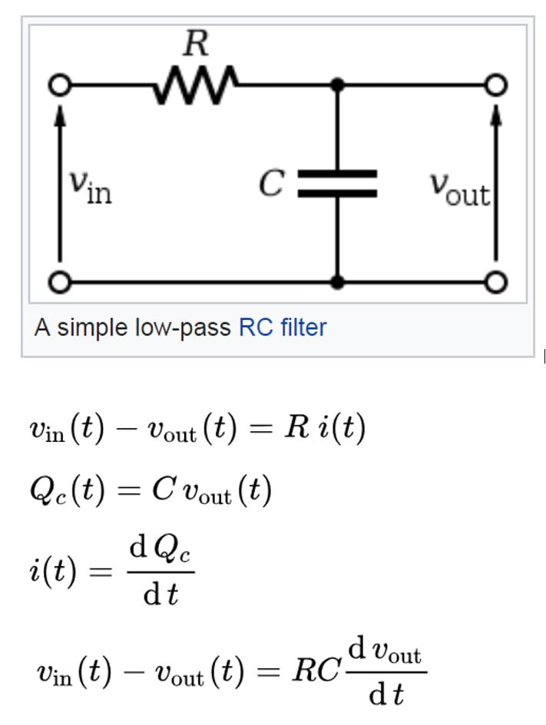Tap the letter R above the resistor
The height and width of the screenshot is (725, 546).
click(x=196, y=44)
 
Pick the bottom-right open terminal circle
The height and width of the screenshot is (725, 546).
click(x=497, y=283)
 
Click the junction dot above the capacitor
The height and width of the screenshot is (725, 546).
click(x=337, y=84)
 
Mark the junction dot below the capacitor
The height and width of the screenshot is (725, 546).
click(x=337, y=283)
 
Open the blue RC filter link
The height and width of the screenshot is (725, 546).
click(x=283, y=328)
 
